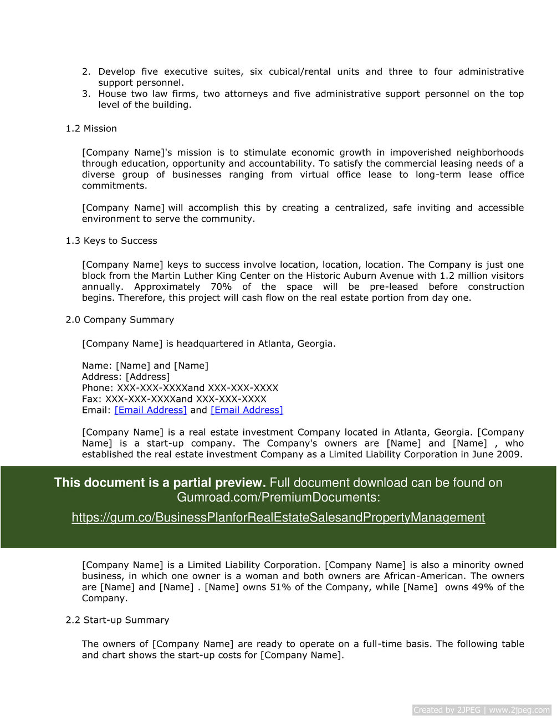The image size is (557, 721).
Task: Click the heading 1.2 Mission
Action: click(91, 129)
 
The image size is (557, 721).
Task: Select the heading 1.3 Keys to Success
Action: click(111, 241)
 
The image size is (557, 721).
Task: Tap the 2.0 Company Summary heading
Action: click(120, 320)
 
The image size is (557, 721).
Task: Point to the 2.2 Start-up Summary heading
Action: click(117, 620)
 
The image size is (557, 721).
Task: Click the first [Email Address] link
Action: click(151, 410)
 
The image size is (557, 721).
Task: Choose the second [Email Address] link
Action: click(247, 410)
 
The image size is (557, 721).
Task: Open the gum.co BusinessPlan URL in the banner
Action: click(278, 518)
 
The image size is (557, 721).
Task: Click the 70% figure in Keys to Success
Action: click(221, 287)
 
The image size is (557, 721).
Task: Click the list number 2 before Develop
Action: click(86, 72)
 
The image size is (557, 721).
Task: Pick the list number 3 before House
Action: click(86, 94)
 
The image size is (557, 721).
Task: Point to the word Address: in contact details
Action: click(102, 377)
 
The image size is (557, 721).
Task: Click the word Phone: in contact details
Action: click(98, 388)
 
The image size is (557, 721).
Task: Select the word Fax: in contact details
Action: click(92, 399)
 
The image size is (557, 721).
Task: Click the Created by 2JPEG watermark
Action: click(482, 710)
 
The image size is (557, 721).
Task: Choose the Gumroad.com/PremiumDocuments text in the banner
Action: click(278, 498)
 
